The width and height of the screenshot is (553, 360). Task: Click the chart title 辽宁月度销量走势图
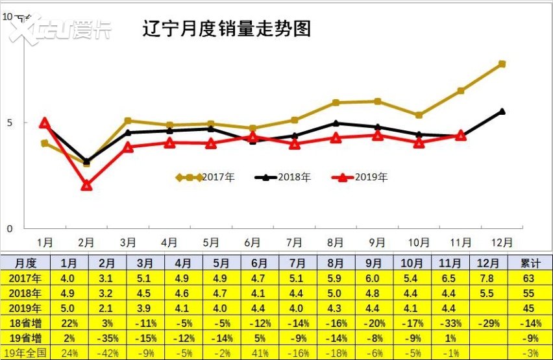pos(227,29)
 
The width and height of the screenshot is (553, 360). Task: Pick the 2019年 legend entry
pos(360,177)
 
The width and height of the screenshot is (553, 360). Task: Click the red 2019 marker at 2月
pos(86,186)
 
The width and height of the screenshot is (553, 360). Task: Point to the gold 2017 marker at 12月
pos(502,64)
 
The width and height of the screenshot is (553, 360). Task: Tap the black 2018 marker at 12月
pos(502,112)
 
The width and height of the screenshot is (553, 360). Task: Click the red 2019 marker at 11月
pos(460,136)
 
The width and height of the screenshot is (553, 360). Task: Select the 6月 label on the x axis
pos(252,243)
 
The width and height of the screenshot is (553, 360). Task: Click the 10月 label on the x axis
pos(419,243)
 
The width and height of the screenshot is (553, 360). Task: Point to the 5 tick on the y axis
pos(9,123)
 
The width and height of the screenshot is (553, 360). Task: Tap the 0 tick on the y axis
pos(9,229)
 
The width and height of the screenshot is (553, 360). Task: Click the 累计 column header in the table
pos(530,263)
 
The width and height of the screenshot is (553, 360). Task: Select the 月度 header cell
pos(26,263)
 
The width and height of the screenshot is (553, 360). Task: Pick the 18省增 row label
pos(26,323)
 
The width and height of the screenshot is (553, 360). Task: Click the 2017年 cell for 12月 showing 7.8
pos(488,278)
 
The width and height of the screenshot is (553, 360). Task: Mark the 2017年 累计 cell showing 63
pos(530,278)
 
